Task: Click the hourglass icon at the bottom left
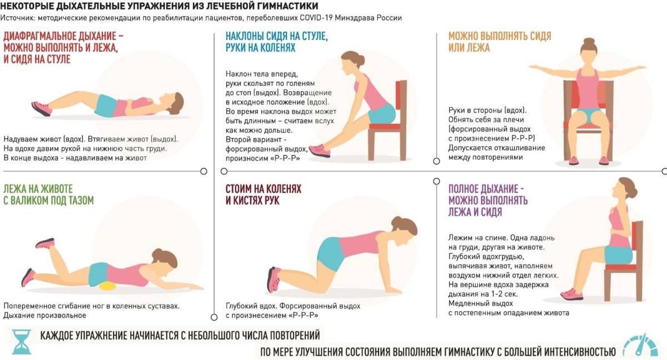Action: [x=22, y=342]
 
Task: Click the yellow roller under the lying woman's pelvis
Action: [x=107, y=286]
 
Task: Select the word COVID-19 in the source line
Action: [x=316, y=18]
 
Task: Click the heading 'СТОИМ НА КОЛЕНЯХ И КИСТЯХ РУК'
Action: [x=263, y=194]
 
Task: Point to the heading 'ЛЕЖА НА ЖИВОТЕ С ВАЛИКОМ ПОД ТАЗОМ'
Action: [x=48, y=194]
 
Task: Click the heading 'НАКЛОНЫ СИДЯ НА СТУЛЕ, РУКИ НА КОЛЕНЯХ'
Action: [x=277, y=42]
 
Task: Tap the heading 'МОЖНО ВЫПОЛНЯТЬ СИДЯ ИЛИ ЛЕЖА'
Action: [x=500, y=42]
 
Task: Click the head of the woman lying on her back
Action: [x=173, y=103]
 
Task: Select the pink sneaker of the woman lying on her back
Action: [x=42, y=108]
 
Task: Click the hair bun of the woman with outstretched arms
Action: [x=589, y=42]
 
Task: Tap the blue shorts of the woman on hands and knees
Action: [x=330, y=253]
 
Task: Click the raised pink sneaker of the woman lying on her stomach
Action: [x=45, y=243]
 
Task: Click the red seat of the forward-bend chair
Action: [x=385, y=127]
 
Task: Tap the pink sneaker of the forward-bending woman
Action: [x=320, y=150]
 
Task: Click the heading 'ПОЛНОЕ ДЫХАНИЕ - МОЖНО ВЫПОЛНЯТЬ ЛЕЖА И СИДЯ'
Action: [x=488, y=200]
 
